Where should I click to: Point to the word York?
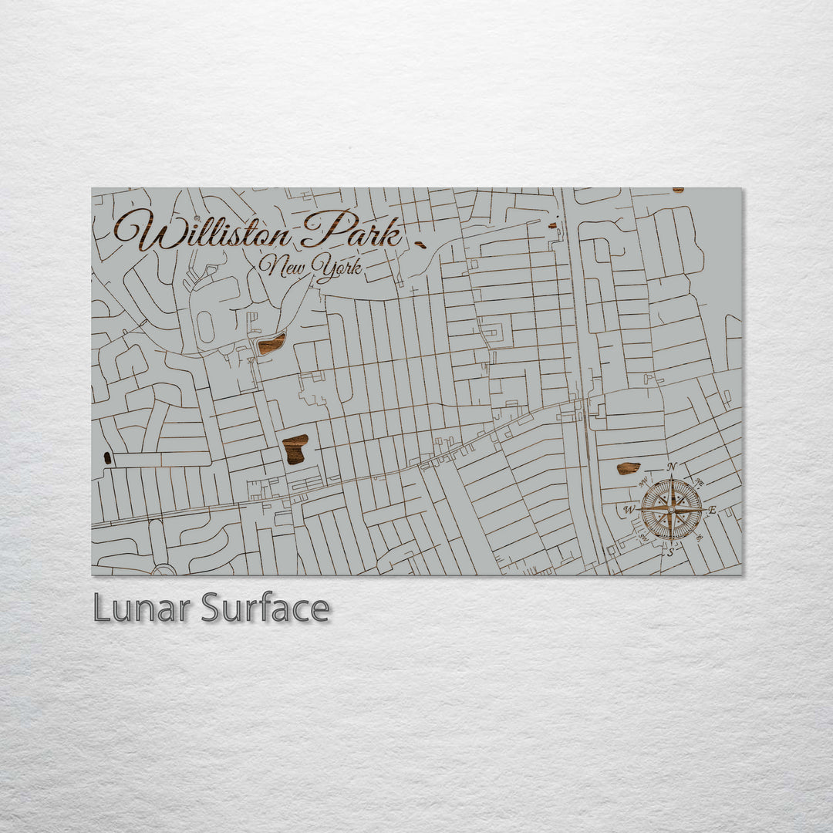pos(337,268)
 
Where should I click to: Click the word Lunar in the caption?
pos(142,609)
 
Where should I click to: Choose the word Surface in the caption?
pos(265,609)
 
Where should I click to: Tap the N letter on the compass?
pos(671,467)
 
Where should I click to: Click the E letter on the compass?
pos(712,510)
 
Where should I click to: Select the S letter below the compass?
pos(670,552)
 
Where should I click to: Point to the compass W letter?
pos(629,510)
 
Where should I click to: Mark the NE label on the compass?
pos(699,482)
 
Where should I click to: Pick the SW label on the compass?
pos(642,538)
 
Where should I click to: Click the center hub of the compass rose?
pos(671,510)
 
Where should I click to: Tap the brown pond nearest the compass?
pos(628,468)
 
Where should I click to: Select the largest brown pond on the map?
pos(295,449)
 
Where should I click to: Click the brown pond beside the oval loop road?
pos(271,344)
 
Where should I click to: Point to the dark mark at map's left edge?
pos(107,457)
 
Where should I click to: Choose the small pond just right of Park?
pos(420,245)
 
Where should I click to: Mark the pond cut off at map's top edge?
pos(677,190)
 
